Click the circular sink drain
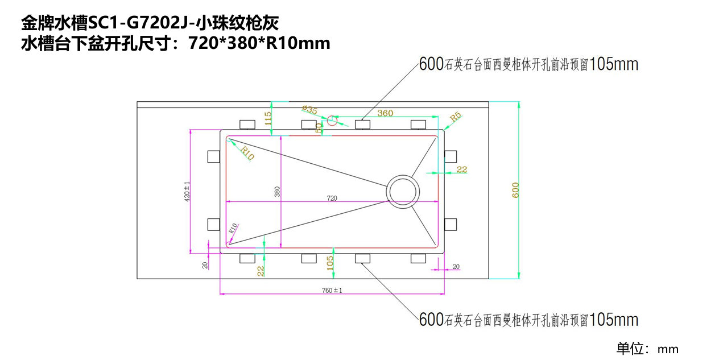(403, 190)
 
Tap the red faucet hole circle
(333, 120)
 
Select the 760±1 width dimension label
(332, 290)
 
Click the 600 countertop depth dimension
(515, 190)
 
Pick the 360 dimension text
(385, 113)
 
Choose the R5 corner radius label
(456, 118)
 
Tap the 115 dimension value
(268, 118)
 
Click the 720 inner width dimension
(332, 198)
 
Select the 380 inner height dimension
(277, 192)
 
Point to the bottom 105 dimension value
(329, 262)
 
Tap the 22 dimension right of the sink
(461, 169)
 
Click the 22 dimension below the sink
(261, 271)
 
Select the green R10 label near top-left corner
(247, 152)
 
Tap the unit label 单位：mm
(647, 349)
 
